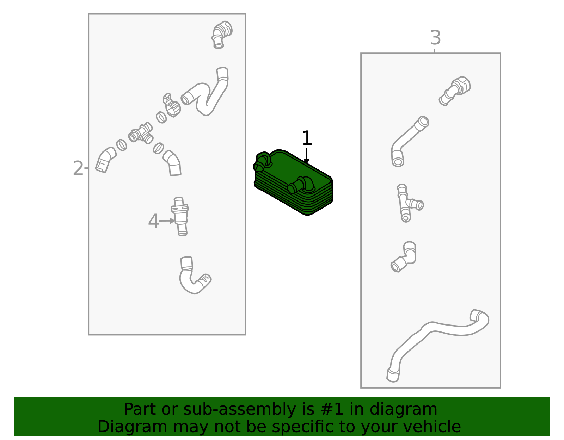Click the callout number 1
(x=307, y=138)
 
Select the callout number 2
(x=78, y=168)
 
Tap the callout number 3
(x=435, y=38)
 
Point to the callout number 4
(x=153, y=221)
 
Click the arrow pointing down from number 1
(x=307, y=156)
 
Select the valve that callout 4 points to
(x=180, y=217)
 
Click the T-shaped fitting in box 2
(x=141, y=134)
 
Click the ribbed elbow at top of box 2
(x=221, y=35)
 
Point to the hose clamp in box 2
(x=171, y=105)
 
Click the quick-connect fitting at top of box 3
(x=455, y=91)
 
